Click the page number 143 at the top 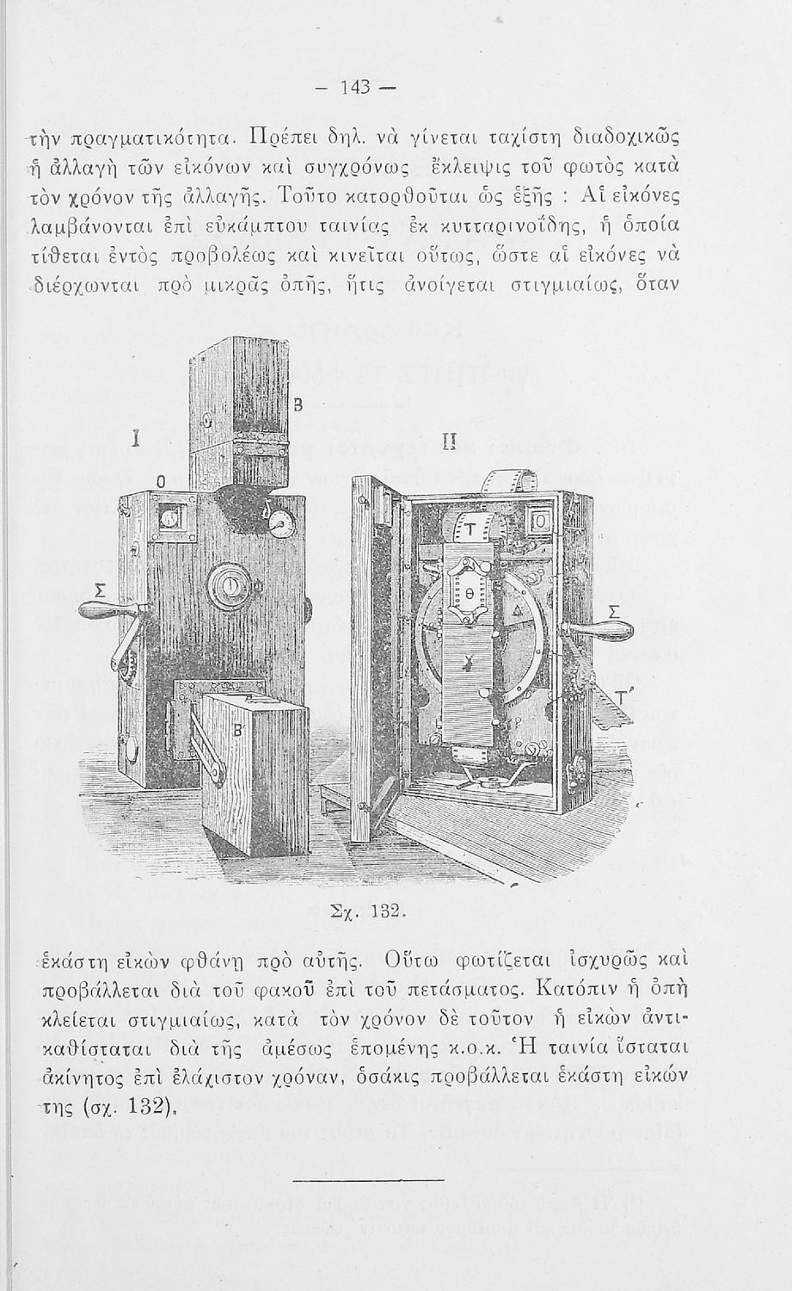(355, 87)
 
